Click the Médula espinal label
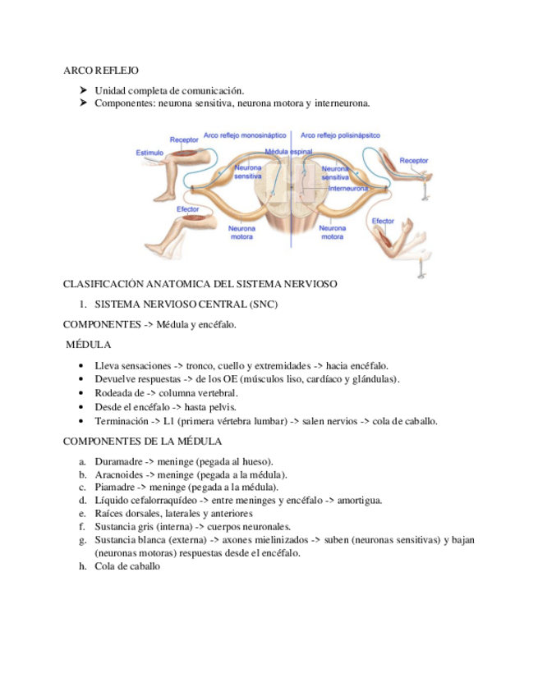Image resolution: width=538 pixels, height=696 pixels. pos(290,153)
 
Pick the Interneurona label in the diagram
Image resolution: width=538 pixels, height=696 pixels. pos(348,188)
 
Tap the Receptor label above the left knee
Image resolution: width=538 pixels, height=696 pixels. pos(184,140)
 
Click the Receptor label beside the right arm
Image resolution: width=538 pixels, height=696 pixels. pos(413,160)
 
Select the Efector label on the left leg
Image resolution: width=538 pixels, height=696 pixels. pos(188,209)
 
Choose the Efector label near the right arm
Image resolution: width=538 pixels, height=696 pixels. pos(384,221)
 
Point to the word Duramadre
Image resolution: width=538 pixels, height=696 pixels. pos(120,461)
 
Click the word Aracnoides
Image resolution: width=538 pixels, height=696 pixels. pos(120,474)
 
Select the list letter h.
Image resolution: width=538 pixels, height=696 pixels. pos(83,565)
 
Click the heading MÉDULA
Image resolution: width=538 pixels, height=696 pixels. pos(89,345)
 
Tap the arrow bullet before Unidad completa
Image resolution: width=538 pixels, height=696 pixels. pos(84,90)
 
